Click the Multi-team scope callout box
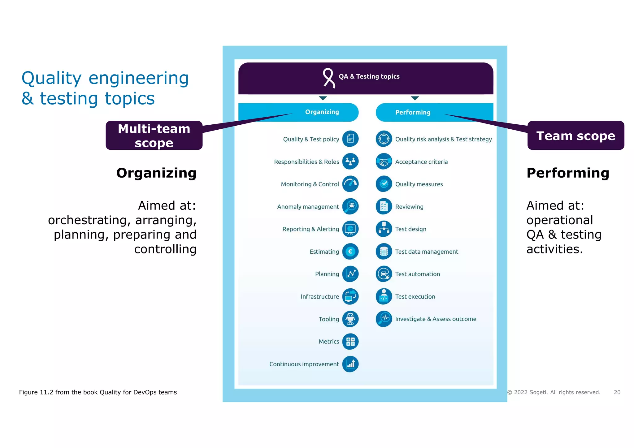pos(154,136)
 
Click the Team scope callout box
pos(575,136)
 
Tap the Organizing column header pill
pos(322,112)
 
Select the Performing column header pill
pos(413,112)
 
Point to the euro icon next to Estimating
pos(350,252)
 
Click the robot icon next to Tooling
pos(350,319)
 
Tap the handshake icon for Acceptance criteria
pos(384,162)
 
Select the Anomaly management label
pos(308,207)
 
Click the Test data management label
pos(427,252)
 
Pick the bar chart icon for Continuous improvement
pos(350,364)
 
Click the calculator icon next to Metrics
pos(350,342)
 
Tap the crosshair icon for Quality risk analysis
pos(384,139)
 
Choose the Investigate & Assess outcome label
pos(436,319)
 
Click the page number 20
pos(617,392)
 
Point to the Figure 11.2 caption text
pos(98,392)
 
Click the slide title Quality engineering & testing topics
pos(105,88)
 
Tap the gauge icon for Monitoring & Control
pos(350,184)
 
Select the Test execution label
pos(415,296)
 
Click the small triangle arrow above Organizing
pos(323,98)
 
